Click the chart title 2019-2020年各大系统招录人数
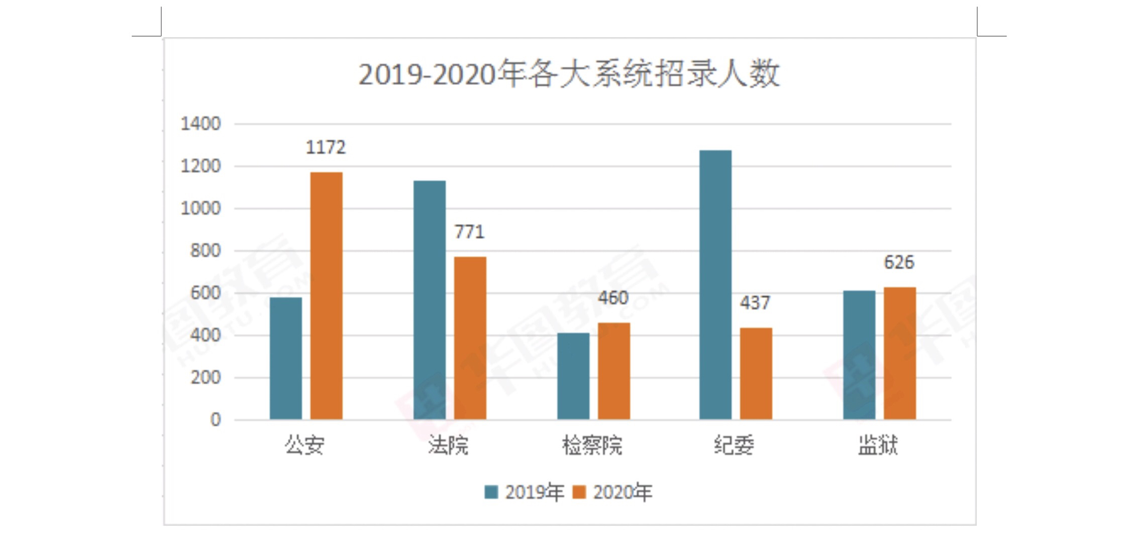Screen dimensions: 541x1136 (569, 74)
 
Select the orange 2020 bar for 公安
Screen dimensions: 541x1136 (326, 296)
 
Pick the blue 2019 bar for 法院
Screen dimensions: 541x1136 (430, 300)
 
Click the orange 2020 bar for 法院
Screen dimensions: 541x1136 (470, 338)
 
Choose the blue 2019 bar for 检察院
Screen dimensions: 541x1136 (573, 376)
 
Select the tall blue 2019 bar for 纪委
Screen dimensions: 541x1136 (715, 285)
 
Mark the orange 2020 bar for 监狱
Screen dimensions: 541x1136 (899, 353)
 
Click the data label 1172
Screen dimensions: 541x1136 (326, 148)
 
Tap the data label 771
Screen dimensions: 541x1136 (470, 232)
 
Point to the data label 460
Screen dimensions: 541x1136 (613, 298)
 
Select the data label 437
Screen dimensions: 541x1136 (755, 303)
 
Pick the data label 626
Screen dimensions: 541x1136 (899, 262)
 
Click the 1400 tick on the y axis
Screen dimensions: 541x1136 (200, 124)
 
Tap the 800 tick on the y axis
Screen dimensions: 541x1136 (205, 251)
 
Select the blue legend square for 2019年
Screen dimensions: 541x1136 (491, 492)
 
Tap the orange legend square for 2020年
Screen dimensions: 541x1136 (579, 492)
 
